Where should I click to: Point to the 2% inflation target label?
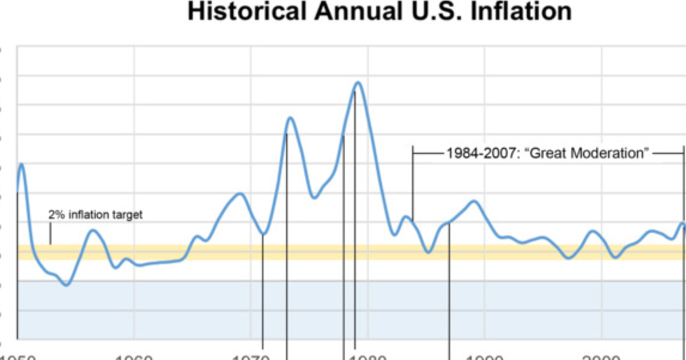point(95,215)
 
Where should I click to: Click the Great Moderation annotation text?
point(548,153)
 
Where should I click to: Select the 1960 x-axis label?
point(134,357)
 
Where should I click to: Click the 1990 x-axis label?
point(485,357)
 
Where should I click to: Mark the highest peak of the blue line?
point(358,82)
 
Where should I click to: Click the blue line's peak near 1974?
point(290,118)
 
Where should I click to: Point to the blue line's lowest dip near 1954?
point(67,285)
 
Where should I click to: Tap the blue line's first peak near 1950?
point(22,164)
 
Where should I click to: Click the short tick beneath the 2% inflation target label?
point(50,234)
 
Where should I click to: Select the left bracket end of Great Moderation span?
point(413,153)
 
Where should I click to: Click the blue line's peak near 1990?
point(473,201)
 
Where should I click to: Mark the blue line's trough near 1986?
point(429,252)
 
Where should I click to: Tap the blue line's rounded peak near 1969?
point(240,194)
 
